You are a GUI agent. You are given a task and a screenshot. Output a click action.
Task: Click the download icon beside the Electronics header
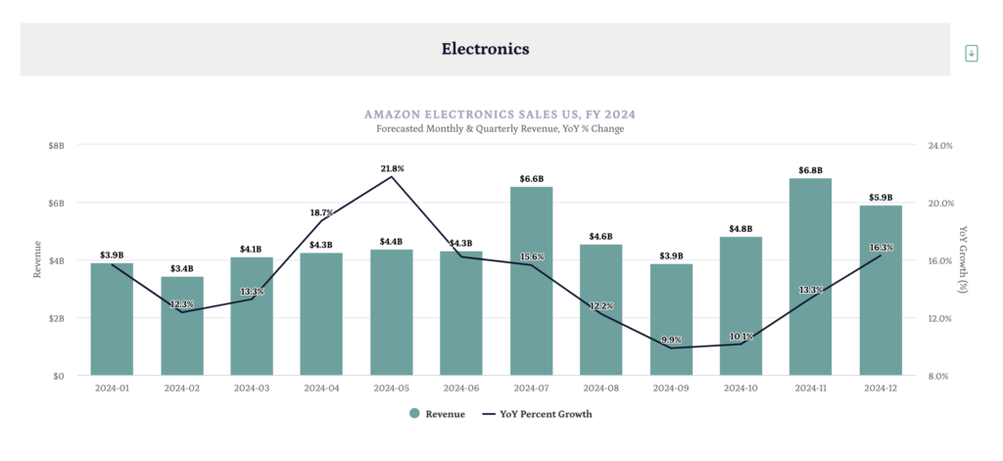[x=972, y=53]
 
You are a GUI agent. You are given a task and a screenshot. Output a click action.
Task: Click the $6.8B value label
[x=811, y=169]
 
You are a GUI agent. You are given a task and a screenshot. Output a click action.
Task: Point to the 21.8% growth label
[x=392, y=168]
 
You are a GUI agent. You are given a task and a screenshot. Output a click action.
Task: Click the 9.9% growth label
[x=671, y=340]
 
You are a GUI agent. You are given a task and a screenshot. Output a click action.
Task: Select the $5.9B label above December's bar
[x=881, y=197]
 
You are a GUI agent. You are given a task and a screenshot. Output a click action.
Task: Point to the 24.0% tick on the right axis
[x=939, y=145]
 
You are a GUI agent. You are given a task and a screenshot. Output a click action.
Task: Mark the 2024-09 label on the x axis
[x=671, y=389]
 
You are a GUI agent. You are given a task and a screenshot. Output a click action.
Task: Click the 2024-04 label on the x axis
[x=322, y=389]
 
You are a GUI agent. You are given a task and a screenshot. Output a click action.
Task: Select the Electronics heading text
[x=485, y=48]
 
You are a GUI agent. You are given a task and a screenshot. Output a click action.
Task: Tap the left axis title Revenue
[x=37, y=259]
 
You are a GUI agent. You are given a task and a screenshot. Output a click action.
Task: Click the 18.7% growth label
[x=321, y=212]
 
